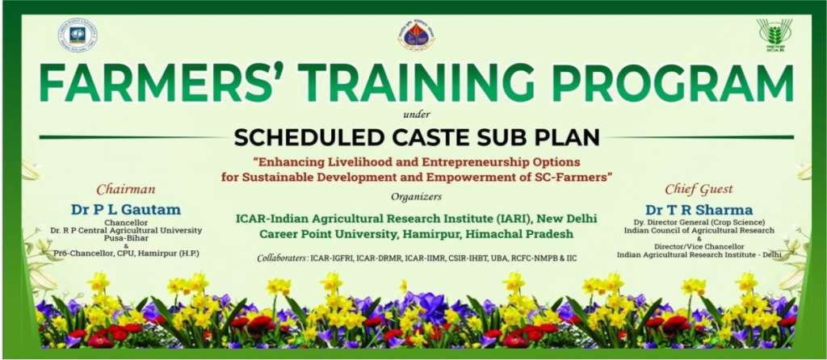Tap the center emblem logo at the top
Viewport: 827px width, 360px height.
[x=416, y=34]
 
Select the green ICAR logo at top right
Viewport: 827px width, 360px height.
[x=774, y=35]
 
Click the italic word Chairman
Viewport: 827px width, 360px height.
[x=124, y=190]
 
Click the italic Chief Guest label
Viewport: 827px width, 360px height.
[x=698, y=190]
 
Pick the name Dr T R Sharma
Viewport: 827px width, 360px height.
[x=699, y=209]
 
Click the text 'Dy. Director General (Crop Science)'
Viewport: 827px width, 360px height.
[x=699, y=222]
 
